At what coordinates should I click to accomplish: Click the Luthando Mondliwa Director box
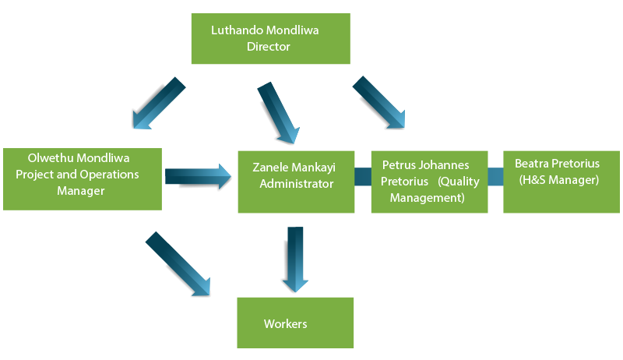pyautogui.click(x=269, y=39)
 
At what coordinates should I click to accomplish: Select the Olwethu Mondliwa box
pyautogui.click(x=82, y=178)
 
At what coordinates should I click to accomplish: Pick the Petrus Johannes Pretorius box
pyautogui.click(x=429, y=182)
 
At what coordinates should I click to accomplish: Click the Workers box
pyautogui.click(x=295, y=322)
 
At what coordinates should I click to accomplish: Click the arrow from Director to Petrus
pyautogui.click(x=379, y=101)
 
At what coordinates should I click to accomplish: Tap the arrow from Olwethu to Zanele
pyautogui.click(x=199, y=175)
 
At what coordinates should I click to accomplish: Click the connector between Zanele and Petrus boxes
pyautogui.click(x=362, y=177)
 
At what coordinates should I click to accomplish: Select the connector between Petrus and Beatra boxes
pyautogui.click(x=495, y=177)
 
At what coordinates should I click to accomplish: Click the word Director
pyautogui.click(x=268, y=47)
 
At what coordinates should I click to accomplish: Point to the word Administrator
pyautogui.click(x=296, y=184)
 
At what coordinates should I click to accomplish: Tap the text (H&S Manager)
pyautogui.click(x=558, y=180)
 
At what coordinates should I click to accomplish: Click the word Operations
pyautogui.click(x=109, y=174)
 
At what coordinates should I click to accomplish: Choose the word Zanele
pyautogui.click(x=270, y=167)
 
